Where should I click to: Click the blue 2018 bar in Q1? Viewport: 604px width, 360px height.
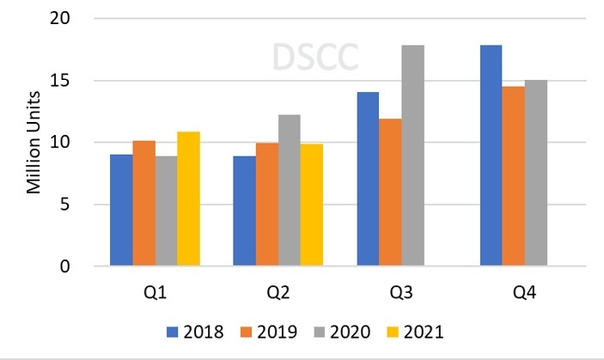[x=122, y=211]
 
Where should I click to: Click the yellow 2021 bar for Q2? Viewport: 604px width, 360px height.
[x=311, y=205]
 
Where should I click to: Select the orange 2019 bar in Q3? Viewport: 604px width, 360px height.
[x=390, y=192]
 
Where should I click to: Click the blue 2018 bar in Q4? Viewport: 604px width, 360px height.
[x=491, y=156]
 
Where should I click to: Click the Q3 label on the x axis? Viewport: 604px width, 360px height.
[x=401, y=292]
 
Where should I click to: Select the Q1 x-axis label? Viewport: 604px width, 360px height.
[x=156, y=292]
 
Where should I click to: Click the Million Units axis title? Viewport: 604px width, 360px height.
[x=34, y=142]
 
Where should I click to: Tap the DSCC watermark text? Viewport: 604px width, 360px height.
[x=314, y=57]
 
